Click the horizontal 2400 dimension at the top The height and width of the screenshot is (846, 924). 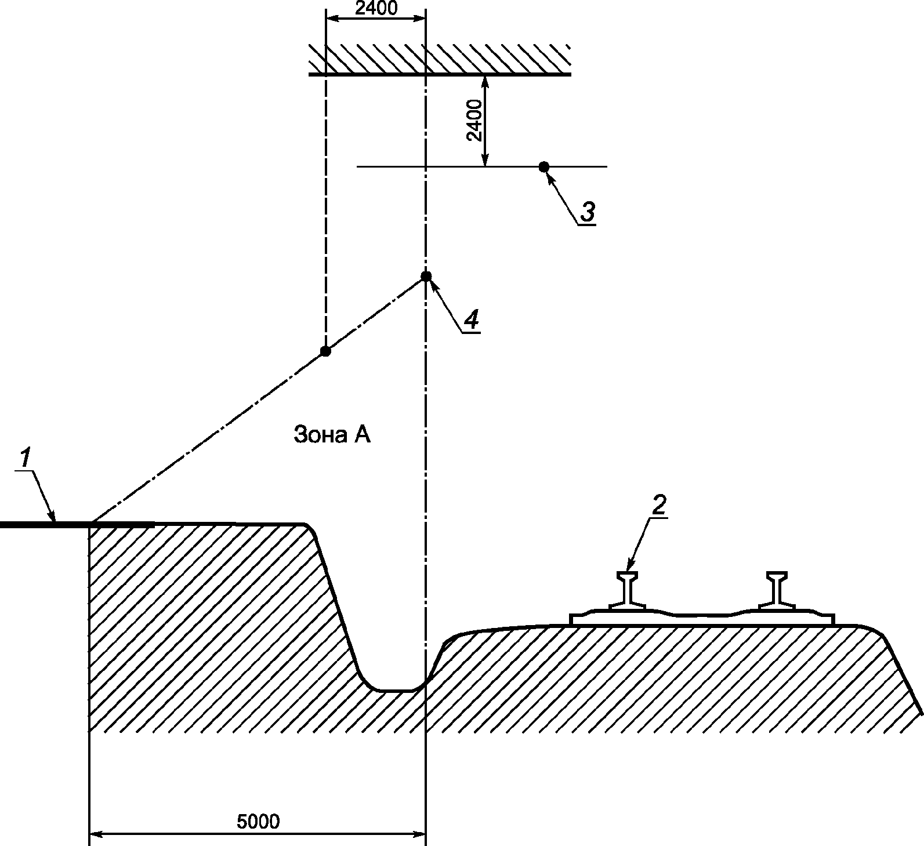376,8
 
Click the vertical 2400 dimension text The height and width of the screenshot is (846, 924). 474,121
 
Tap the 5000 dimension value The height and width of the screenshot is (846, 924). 258,821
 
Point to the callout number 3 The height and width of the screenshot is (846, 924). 587,212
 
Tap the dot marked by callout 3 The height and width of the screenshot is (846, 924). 543,167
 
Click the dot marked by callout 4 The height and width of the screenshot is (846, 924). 426,276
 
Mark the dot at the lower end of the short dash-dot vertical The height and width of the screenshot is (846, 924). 325,351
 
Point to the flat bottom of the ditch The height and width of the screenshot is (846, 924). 394,691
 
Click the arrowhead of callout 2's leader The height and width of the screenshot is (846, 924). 631,568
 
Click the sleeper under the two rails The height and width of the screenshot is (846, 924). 702,619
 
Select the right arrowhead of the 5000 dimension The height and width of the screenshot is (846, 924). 420,835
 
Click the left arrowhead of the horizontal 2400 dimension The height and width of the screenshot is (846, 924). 332,19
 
